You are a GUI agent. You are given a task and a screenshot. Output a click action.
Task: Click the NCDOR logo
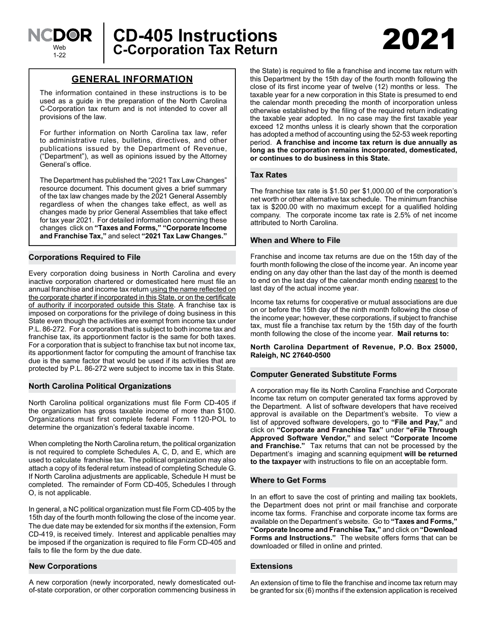coord(60,35)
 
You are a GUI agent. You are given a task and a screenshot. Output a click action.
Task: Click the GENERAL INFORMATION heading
coord(132,79)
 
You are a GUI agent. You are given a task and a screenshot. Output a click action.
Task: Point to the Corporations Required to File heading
coord(84,257)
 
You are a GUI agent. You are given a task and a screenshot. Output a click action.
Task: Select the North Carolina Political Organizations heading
coord(100,386)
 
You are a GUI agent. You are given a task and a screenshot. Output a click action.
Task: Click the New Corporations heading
coord(63,566)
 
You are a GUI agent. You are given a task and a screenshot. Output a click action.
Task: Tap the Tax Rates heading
coord(269,175)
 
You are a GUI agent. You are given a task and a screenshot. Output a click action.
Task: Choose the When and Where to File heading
coord(295,240)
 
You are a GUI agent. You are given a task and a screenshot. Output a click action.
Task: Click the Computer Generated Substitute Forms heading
coord(323,374)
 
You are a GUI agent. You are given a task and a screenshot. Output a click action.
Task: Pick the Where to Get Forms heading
coord(288,480)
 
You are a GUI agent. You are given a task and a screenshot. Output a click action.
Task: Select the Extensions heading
coord(272,566)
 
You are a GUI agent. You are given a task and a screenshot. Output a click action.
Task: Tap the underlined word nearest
coord(426,280)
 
